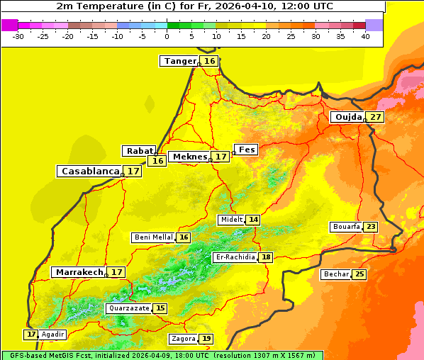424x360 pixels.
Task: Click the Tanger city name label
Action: pyautogui.click(x=179, y=61)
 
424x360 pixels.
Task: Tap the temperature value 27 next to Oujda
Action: pyautogui.click(x=375, y=117)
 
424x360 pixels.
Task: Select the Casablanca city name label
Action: pyautogui.click(x=89, y=171)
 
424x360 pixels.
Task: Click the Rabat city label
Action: pyautogui.click(x=139, y=151)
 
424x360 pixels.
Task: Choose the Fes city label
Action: pyautogui.click(x=246, y=150)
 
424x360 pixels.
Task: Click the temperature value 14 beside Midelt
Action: pyautogui.click(x=253, y=220)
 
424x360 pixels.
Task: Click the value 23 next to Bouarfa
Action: pyautogui.click(x=371, y=227)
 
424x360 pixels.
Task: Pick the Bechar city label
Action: pyautogui.click(x=335, y=274)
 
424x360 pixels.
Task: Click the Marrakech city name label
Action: pyautogui.click(x=79, y=272)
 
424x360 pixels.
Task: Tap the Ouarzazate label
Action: pyautogui.click(x=128, y=308)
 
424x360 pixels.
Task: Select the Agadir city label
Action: pyautogui.click(x=52, y=334)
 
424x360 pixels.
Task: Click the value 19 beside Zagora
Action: pyautogui.click(x=206, y=339)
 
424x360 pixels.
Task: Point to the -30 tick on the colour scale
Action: pyautogui.click(x=18, y=36)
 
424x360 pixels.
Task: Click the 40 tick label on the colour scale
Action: pyautogui.click(x=365, y=36)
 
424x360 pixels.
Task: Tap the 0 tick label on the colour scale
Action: pyautogui.click(x=167, y=36)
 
